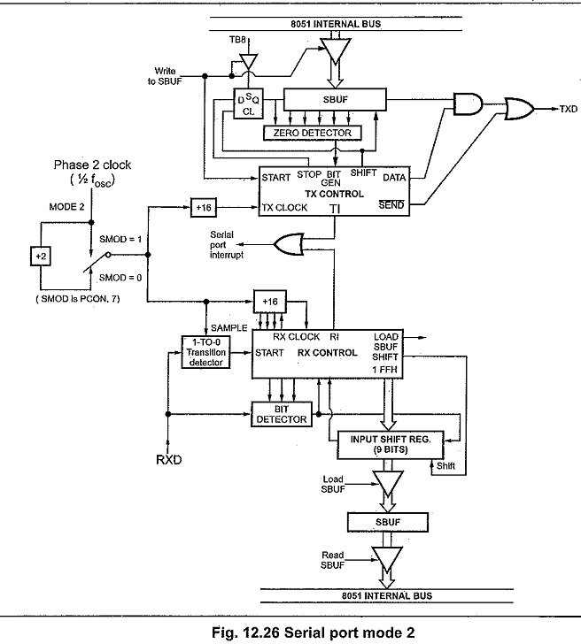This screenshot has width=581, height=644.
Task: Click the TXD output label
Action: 569,109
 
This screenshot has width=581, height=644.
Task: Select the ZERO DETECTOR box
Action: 314,133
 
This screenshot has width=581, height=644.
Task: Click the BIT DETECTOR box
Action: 282,413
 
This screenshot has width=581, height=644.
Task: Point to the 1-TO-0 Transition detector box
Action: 206,351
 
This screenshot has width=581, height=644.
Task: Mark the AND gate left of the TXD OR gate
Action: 467,103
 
